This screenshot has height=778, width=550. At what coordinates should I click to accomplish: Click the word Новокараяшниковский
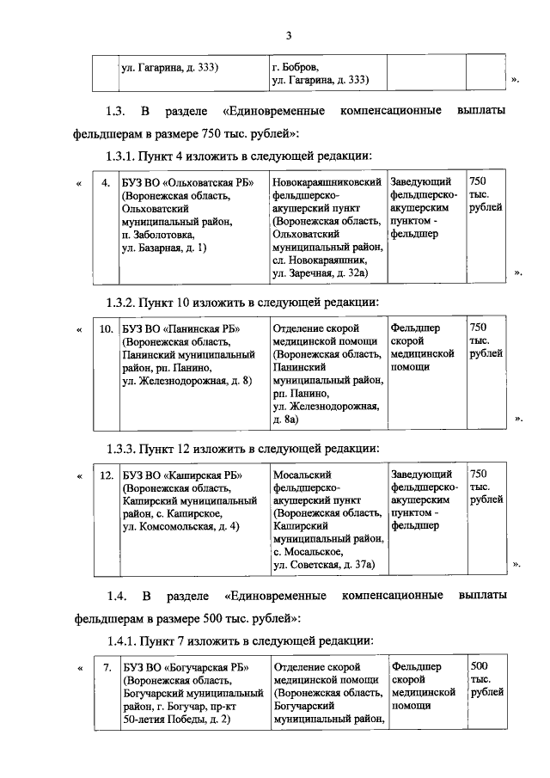(327, 183)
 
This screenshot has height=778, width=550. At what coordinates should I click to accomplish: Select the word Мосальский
(301, 474)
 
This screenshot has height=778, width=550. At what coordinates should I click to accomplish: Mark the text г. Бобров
(295, 66)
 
